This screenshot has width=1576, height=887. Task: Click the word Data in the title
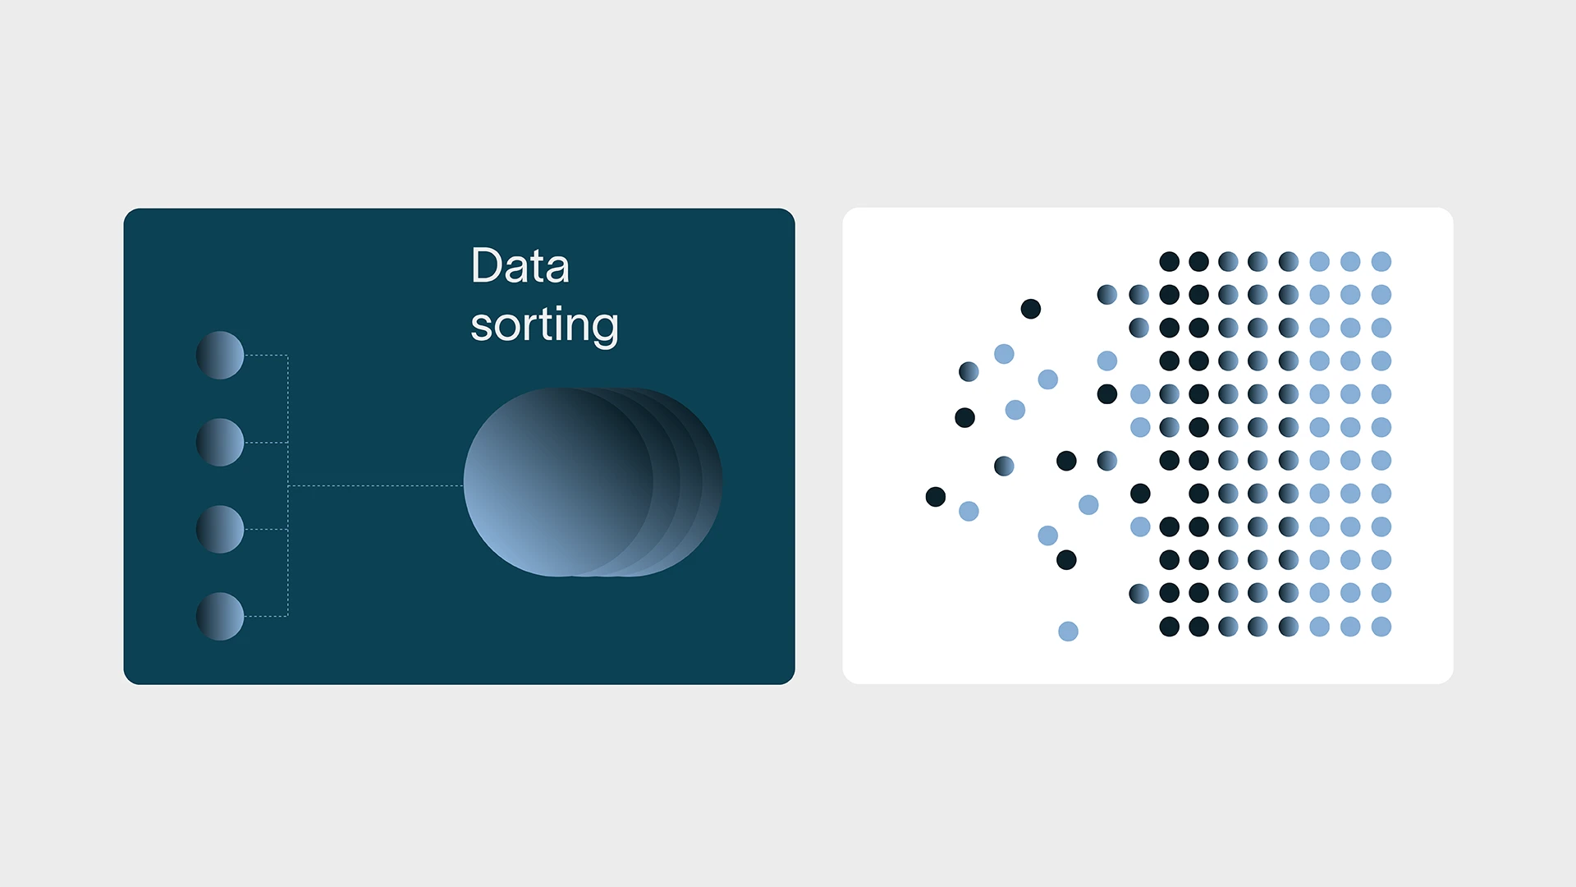coord(520,266)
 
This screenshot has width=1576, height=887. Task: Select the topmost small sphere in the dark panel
coord(220,355)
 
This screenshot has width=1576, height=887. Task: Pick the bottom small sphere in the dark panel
coord(220,616)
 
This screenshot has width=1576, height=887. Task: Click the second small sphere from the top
coord(220,442)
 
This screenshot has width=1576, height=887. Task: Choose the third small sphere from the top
coord(220,529)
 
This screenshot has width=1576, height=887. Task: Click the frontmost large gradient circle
coord(558,482)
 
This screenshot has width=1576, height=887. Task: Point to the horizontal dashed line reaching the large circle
coord(376,485)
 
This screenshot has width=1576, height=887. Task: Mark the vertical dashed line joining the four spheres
coord(288,485)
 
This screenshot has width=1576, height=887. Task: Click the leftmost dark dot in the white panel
coord(936,497)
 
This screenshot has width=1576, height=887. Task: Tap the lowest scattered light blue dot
coord(1068,631)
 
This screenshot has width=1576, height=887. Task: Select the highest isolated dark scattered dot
coord(1031,309)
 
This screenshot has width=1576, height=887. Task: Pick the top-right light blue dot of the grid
coord(1381,262)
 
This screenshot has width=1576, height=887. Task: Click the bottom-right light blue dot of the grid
coord(1381,627)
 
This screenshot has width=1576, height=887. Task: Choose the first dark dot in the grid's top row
coord(1170,262)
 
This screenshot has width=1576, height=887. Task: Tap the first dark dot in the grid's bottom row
coord(1170,627)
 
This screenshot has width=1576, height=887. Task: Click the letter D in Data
coord(487,266)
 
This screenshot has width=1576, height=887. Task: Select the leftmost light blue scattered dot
coord(969,512)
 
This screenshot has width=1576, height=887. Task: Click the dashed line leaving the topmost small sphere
coord(266,356)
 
